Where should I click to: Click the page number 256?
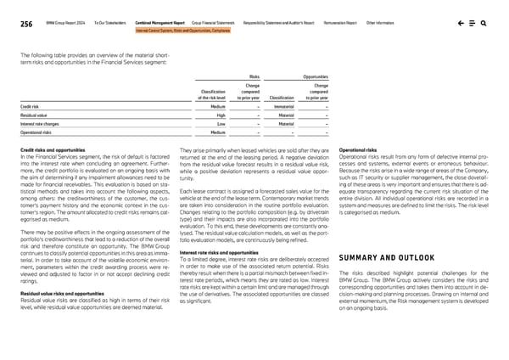coord(27,23)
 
